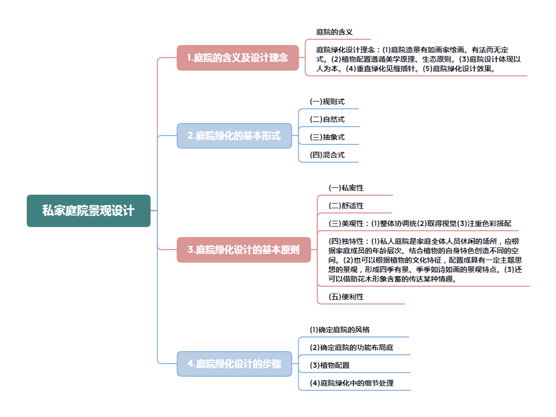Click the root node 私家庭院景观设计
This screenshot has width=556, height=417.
[x=88, y=211]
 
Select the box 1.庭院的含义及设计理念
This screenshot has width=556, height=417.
[x=238, y=58]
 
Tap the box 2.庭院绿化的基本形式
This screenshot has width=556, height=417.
[x=234, y=136]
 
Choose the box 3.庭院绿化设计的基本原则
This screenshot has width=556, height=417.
[x=244, y=250]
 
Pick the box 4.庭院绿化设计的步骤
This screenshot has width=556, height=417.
[x=234, y=364]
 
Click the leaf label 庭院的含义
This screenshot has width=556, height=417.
[x=334, y=32]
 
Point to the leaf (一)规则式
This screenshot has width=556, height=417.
[x=327, y=102]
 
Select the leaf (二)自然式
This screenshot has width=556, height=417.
[x=327, y=119]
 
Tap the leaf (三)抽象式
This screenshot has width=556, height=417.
[x=327, y=137]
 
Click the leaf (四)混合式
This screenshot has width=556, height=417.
[x=327, y=155]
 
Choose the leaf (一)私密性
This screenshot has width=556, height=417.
[x=346, y=187]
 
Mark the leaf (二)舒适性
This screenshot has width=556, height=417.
[x=346, y=206]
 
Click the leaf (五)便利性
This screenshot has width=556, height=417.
[x=346, y=297]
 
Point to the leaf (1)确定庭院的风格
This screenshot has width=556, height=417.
[x=340, y=330]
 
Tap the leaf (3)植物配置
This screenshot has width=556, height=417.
[x=330, y=365]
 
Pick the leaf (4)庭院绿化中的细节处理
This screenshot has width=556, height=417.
[x=351, y=383]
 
